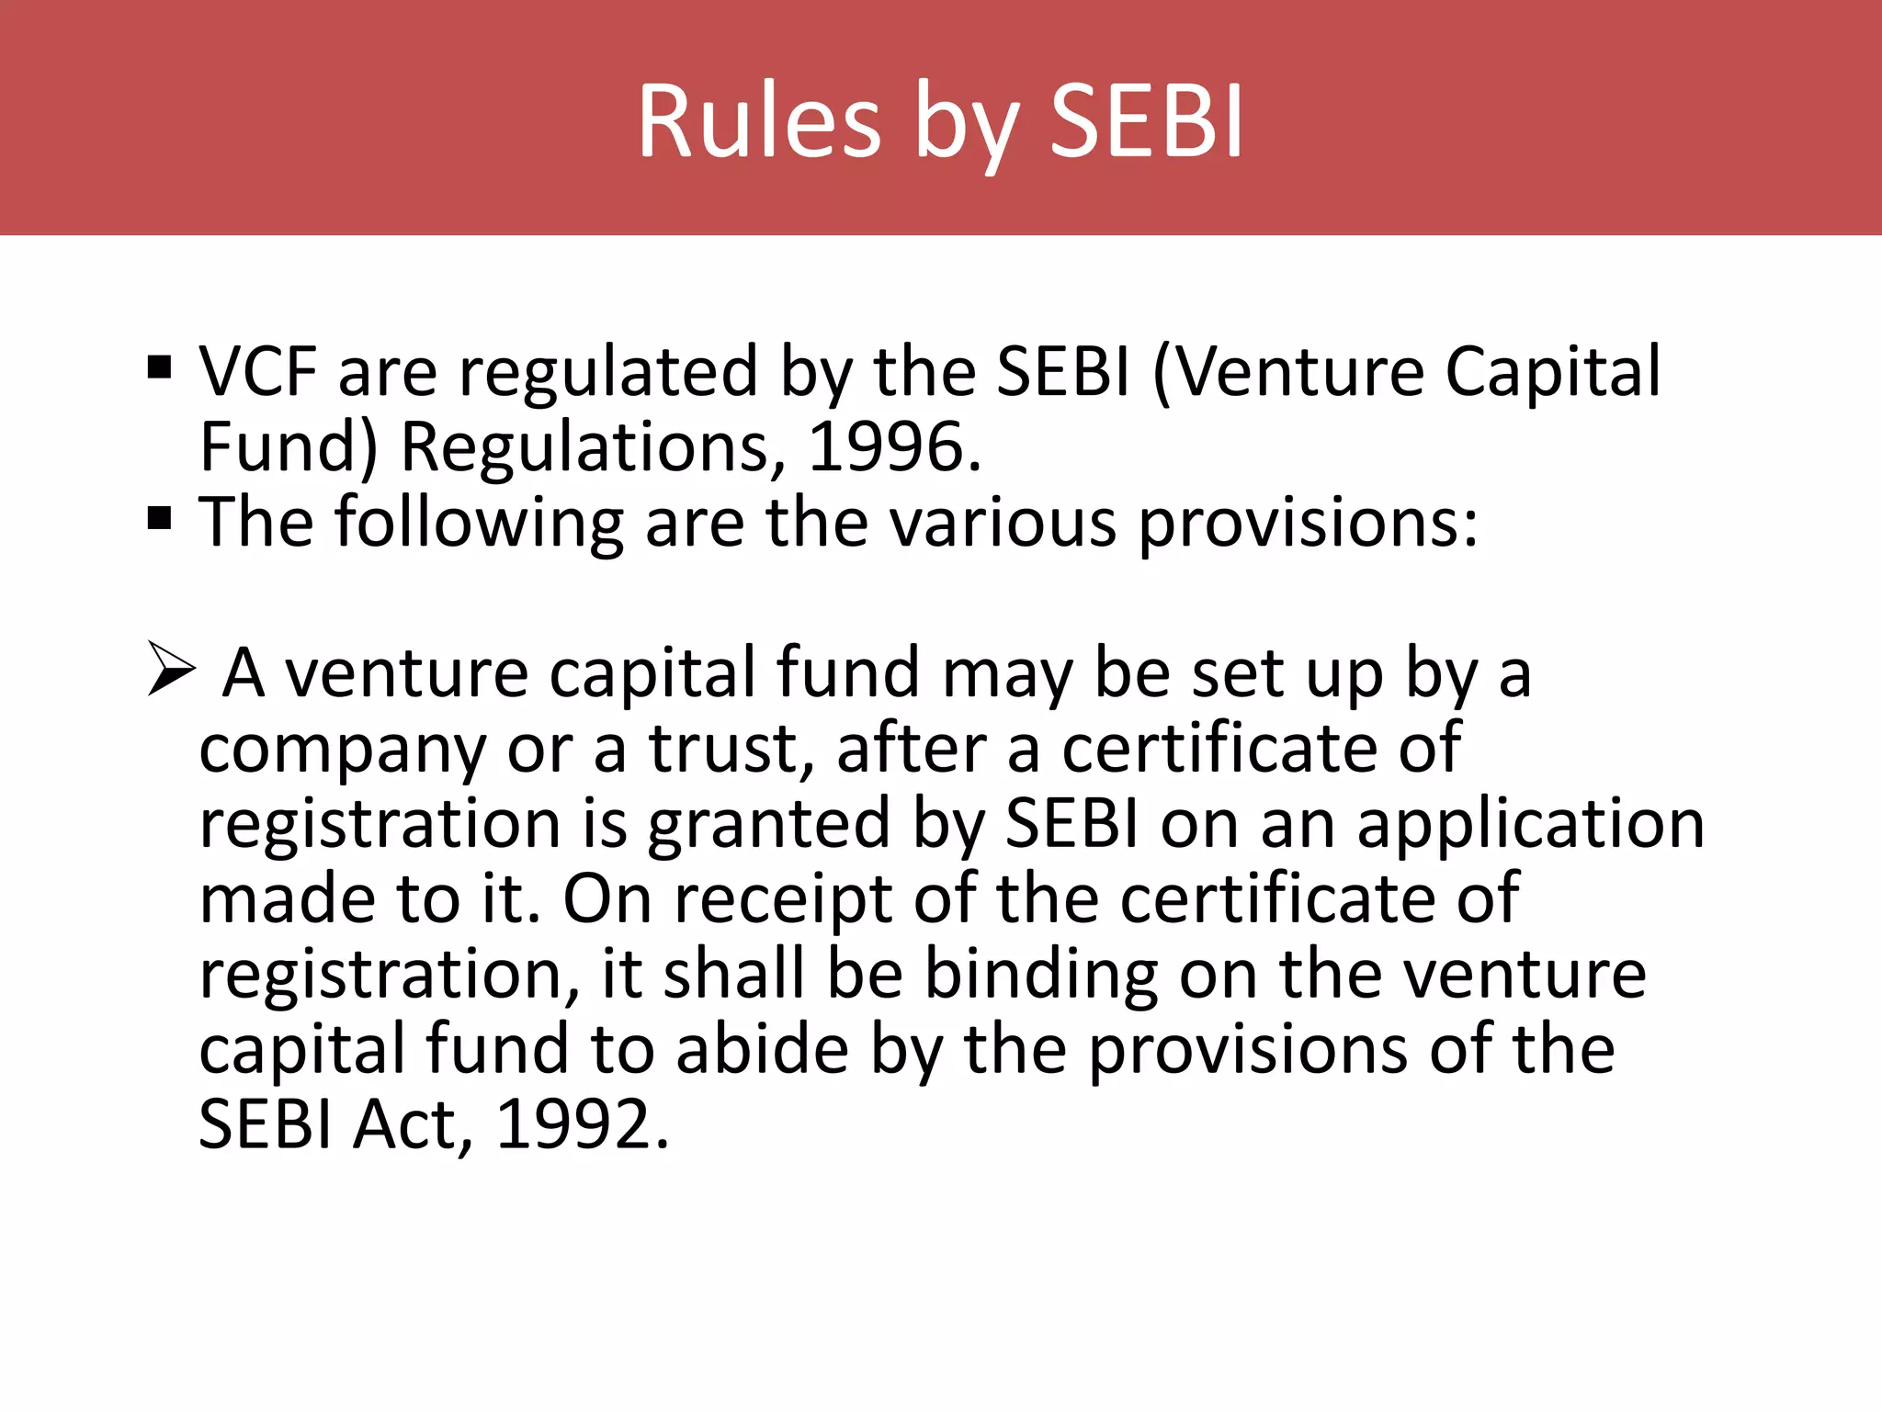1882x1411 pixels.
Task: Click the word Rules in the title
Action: tap(759, 121)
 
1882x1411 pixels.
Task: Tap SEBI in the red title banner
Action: tap(1147, 121)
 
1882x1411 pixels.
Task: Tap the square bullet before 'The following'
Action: tap(160, 519)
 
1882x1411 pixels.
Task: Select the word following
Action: tap(479, 524)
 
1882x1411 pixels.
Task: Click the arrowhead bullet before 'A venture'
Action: tap(171, 670)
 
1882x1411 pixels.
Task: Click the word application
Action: tap(1530, 825)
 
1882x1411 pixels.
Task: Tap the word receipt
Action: tap(782, 900)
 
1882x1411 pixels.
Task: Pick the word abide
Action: tap(763, 1049)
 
